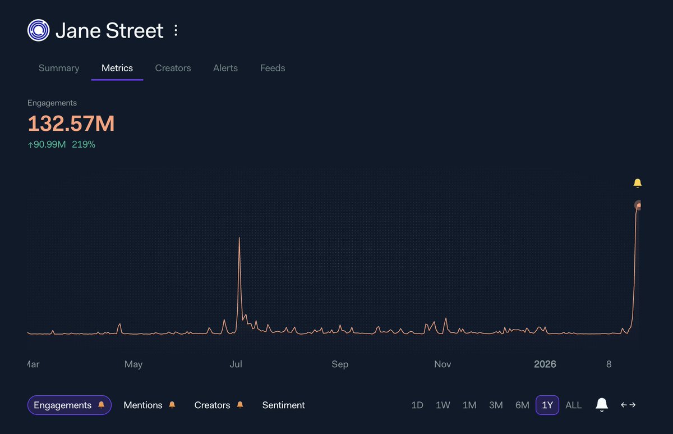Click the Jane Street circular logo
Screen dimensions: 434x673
(x=38, y=30)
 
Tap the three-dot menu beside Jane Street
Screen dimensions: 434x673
(x=176, y=30)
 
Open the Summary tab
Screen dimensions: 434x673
(x=59, y=68)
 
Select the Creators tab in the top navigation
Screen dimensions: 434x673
(x=173, y=68)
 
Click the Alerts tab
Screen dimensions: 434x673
(x=225, y=68)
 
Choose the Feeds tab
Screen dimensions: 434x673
(x=273, y=68)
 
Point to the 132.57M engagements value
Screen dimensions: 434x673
(x=71, y=124)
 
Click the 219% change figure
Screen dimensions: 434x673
(x=84, y=144)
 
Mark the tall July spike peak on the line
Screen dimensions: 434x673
(x=239, y=239)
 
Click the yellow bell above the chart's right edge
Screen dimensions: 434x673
(x=637, y=183)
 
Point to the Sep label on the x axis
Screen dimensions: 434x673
(x=340, y=364)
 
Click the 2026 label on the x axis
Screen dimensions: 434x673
(x=545, y=364)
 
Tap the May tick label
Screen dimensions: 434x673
(x=133, y=364)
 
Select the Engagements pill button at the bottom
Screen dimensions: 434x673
(x=69, y=405)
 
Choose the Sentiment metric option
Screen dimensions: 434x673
(x=283, y=405)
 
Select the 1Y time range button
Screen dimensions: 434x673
(x=547, y=405)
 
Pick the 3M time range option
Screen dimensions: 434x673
(x=496, y=405)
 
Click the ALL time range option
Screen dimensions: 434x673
(x=573, y=405)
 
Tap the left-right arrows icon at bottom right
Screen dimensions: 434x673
(x=628, y=405)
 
